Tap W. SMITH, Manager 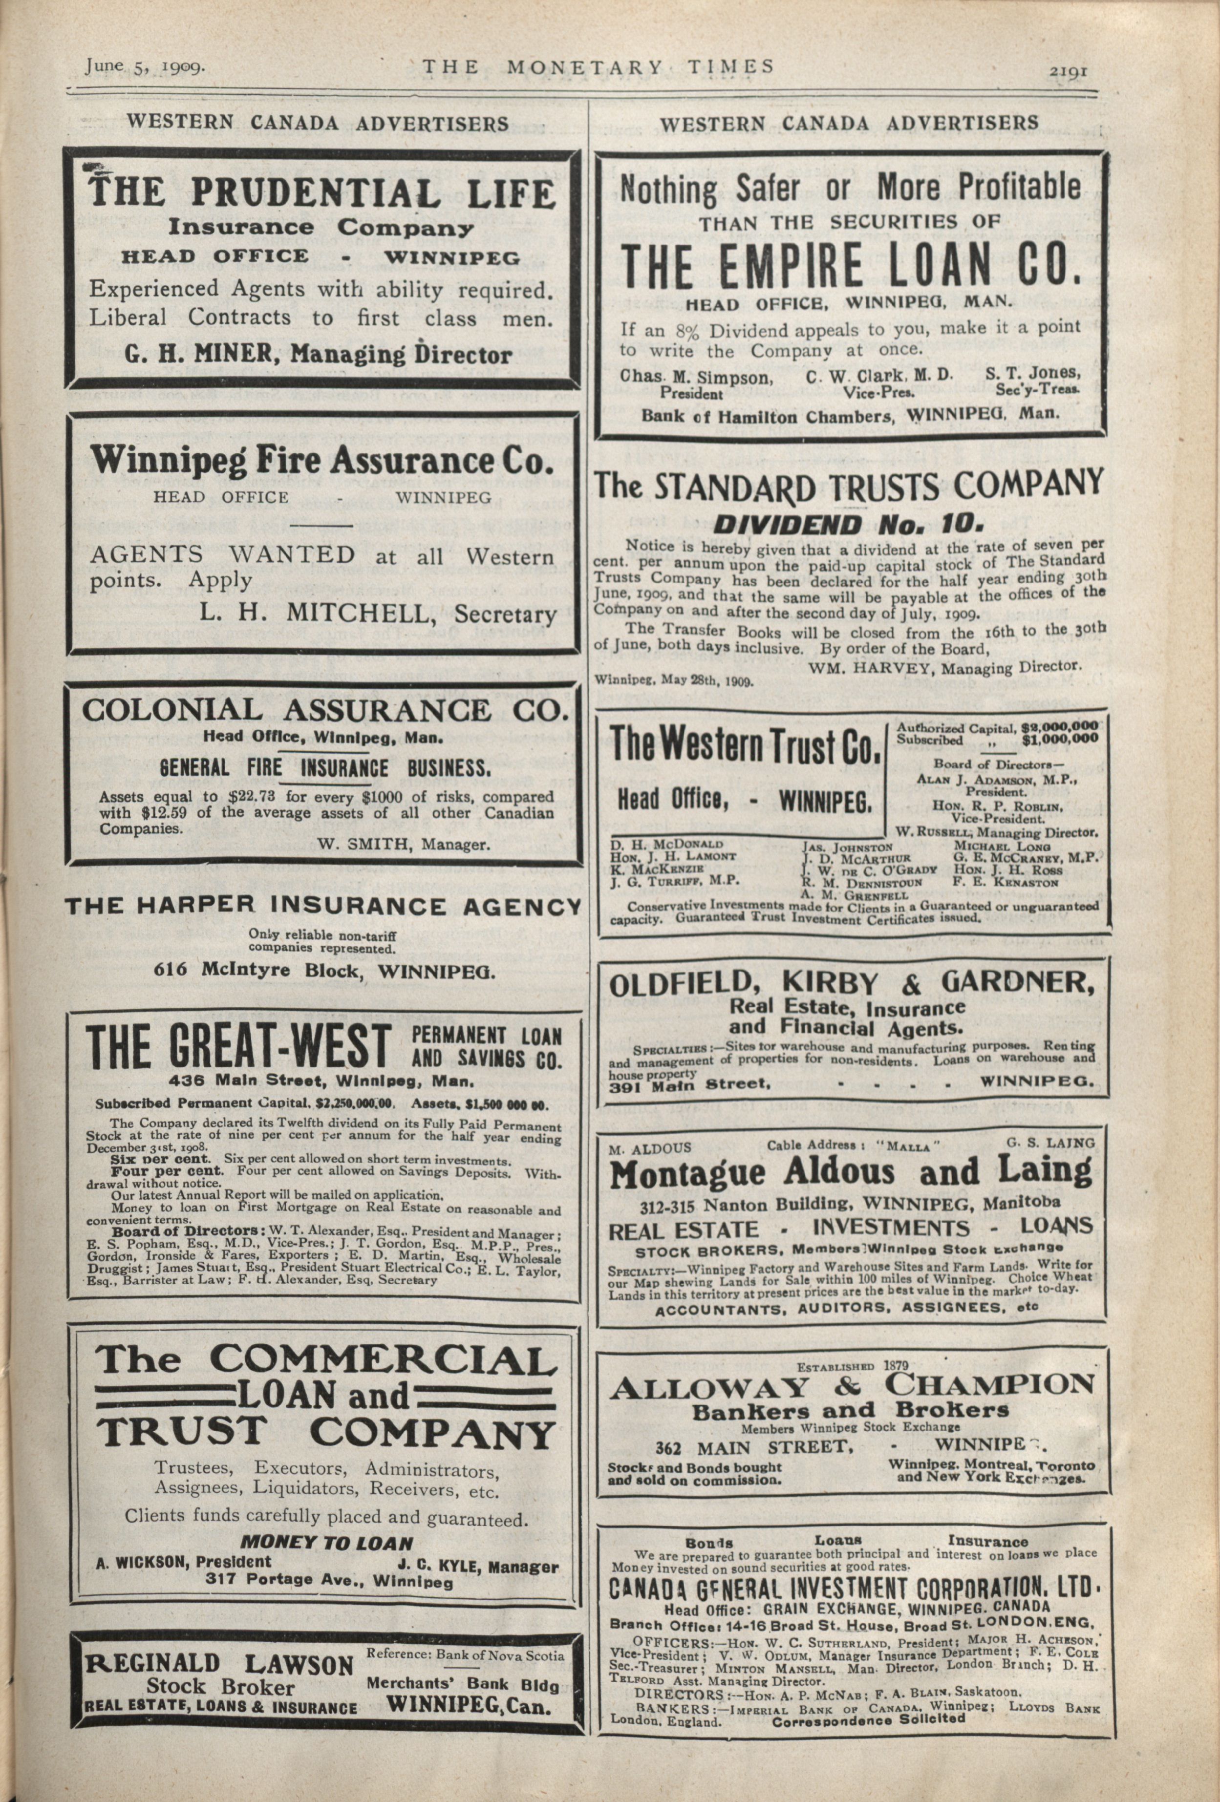click(x=403, y=845)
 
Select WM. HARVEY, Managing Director click(x=944, y=666)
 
